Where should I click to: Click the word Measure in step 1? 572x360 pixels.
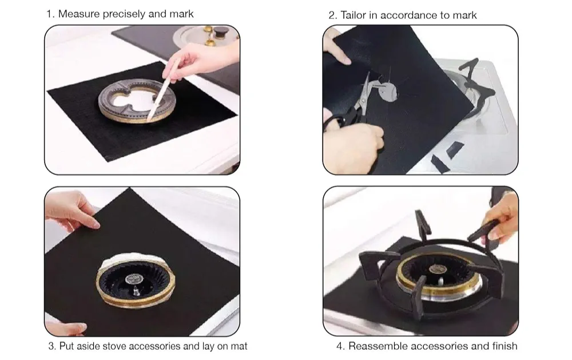click(79, 14)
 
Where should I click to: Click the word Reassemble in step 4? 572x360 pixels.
click(374, 346)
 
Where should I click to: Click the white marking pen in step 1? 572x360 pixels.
click(164, 90)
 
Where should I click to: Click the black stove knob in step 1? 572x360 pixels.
click(220, 32)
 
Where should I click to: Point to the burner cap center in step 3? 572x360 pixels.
click(132, 279)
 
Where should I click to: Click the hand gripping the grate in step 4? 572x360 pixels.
click(503, 217)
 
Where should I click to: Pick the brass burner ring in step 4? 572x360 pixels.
click(438, 277)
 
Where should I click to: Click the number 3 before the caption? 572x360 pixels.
click(51, 346)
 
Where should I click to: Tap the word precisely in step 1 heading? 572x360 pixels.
click(124, 14)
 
